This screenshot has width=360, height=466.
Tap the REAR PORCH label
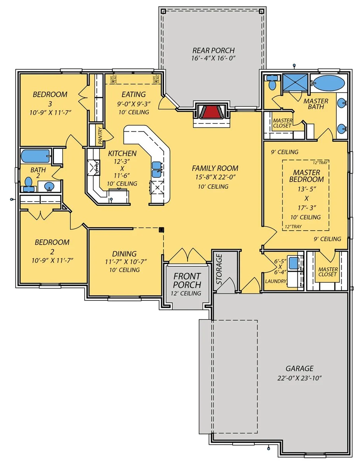214,50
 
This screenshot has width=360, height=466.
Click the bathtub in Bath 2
35,156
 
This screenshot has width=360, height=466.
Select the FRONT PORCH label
187,280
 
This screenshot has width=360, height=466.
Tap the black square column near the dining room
161,230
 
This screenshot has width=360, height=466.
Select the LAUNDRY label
276,281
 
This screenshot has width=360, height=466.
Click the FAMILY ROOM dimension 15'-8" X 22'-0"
215,177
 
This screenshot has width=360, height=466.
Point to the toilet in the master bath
271,83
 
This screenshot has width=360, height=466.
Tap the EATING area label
134,94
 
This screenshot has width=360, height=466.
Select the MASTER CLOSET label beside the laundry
328,272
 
